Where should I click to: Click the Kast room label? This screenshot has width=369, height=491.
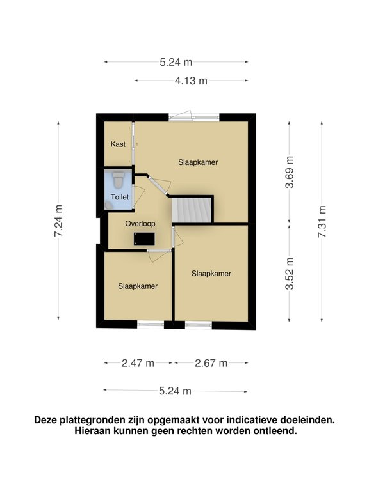point(118,144)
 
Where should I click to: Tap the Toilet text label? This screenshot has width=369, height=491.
point(119,198)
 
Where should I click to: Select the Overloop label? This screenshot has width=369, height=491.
point(140,224)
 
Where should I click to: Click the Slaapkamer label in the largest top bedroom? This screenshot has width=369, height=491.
point(198,162)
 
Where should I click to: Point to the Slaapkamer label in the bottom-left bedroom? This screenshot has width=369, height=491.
point(138,286)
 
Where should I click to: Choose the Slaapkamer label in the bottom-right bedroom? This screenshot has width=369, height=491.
point(211,273)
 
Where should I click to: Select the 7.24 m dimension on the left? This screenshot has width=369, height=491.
point(59,221)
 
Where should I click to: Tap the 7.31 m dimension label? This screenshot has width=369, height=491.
point(322,221)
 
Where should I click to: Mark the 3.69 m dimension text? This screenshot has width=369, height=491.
point(290,172)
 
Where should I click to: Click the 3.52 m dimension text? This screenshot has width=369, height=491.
point(290,274)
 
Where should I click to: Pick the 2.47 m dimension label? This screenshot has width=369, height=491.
point(138,363)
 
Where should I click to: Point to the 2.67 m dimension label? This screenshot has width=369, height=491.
point(211,363)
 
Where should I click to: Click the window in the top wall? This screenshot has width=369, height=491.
point(195,117)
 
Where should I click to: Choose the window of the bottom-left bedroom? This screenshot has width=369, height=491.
point(151,325)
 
